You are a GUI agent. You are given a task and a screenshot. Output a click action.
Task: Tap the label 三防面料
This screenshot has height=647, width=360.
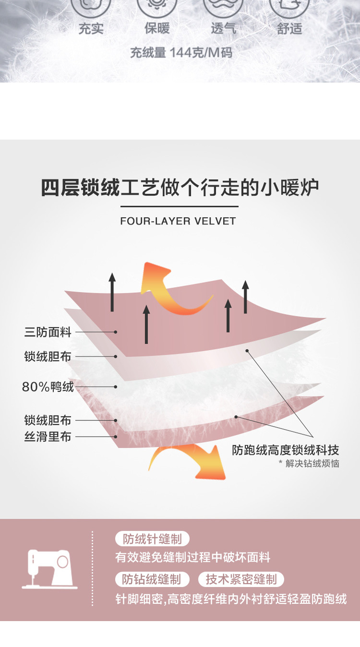pyautogui.click(x=48, y=332)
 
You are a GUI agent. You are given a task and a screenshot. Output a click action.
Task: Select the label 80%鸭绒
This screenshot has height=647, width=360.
pyautogui.click(x=48, y=386)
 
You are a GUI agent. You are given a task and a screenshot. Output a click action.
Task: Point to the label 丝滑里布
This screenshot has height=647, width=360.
pyautogui.click(x=48, y=437)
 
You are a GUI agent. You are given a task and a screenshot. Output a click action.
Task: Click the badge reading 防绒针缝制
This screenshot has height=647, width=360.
pyautogui.click(x=152, y=539)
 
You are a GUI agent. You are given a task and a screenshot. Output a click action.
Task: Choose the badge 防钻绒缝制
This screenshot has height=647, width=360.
pyautogui.click(x=151, y=579)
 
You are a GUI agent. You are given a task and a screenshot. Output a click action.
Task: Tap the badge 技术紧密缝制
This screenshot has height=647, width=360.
pyautogui.click(x=241, y=579)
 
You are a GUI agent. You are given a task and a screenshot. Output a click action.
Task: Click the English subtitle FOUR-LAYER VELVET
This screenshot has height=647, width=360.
pyautogui.click(x=178, y=221)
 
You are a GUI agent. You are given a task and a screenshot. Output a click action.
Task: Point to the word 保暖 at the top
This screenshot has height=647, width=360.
pyautogui.click(x=157, y=28)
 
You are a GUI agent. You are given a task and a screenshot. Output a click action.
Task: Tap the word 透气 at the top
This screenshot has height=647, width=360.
pyautogui.click(x=223, y=28)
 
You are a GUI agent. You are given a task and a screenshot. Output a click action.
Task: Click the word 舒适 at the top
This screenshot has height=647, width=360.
pyautogui.click(x=289, y=28)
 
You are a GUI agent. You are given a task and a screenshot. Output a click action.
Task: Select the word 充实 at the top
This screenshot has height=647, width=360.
pyautogui.click(x=91, y=28)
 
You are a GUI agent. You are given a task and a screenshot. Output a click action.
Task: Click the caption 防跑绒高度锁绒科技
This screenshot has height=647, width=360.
pyautogui.click(x=286, y=450)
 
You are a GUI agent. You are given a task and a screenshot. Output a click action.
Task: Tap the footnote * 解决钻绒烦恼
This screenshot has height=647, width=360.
pyautogui.click(x=309, y=464)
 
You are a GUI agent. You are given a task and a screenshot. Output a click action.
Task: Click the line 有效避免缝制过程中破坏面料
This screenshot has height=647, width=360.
pyautogui.click(x=193, y=558)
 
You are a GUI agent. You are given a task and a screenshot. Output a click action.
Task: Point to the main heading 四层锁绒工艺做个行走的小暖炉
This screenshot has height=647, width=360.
pyautogui.click(x=180, y=188)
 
